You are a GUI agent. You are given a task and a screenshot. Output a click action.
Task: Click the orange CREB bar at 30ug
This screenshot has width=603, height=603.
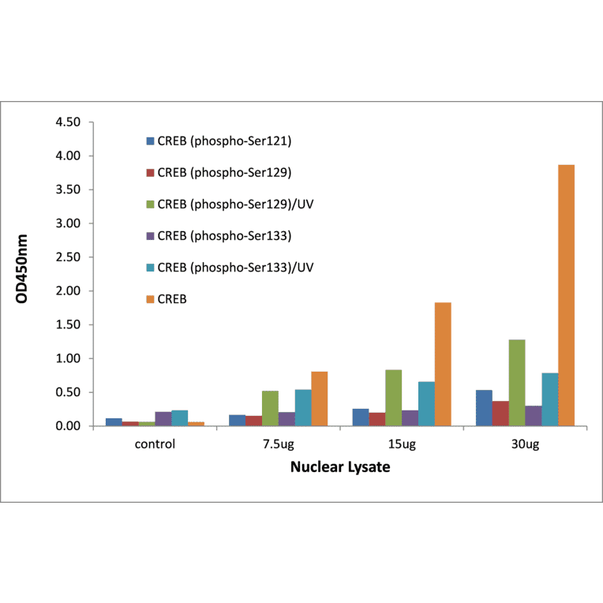tap(566, 295)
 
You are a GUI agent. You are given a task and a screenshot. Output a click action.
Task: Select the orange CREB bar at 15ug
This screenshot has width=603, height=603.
tap(443, 364)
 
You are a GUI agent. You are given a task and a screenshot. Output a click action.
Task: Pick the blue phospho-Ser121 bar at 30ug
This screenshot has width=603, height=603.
tap(484, 408)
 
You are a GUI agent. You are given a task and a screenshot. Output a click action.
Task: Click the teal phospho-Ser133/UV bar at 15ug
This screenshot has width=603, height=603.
tap(426, 403)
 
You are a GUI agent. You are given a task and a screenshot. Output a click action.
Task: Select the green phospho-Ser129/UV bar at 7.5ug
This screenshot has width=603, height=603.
tap(270, 408)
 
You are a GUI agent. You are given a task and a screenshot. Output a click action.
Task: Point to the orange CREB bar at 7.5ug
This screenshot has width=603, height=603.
tap(319, 399)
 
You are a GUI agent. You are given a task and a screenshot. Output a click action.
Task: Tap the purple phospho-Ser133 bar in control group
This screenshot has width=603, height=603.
tap(163, 419)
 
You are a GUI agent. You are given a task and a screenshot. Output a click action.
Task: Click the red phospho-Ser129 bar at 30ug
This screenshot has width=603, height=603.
tap(500, 414)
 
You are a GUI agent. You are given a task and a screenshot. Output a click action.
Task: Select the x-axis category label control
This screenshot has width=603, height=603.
tap(155, 444)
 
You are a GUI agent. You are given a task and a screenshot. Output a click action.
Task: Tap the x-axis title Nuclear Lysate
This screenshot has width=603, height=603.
tap(340, 466)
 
